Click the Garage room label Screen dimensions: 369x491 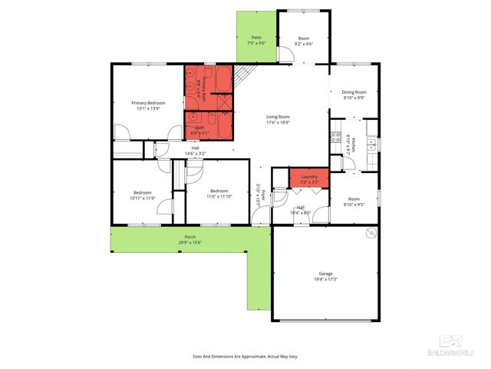tap(326, 273)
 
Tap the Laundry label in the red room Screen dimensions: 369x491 tap(309, 177)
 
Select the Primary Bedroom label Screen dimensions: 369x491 tap(149, 103)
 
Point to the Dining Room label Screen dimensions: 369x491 tap(354, 92)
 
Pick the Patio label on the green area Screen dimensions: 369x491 tap(256, 37)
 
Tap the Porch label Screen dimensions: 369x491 tap(189, 237)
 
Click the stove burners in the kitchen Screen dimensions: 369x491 tap(334, 138)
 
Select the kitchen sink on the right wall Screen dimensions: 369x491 tap(371, 143)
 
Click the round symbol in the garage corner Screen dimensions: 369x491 tap(371, 233)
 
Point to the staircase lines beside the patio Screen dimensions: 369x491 tap(245, 75)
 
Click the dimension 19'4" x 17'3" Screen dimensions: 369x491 tap(326, 279)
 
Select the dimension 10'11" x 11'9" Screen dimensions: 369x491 tap(143, 198)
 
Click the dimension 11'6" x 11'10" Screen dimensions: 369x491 tap(219, 197)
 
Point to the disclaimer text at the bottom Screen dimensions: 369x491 tap(245, 357)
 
